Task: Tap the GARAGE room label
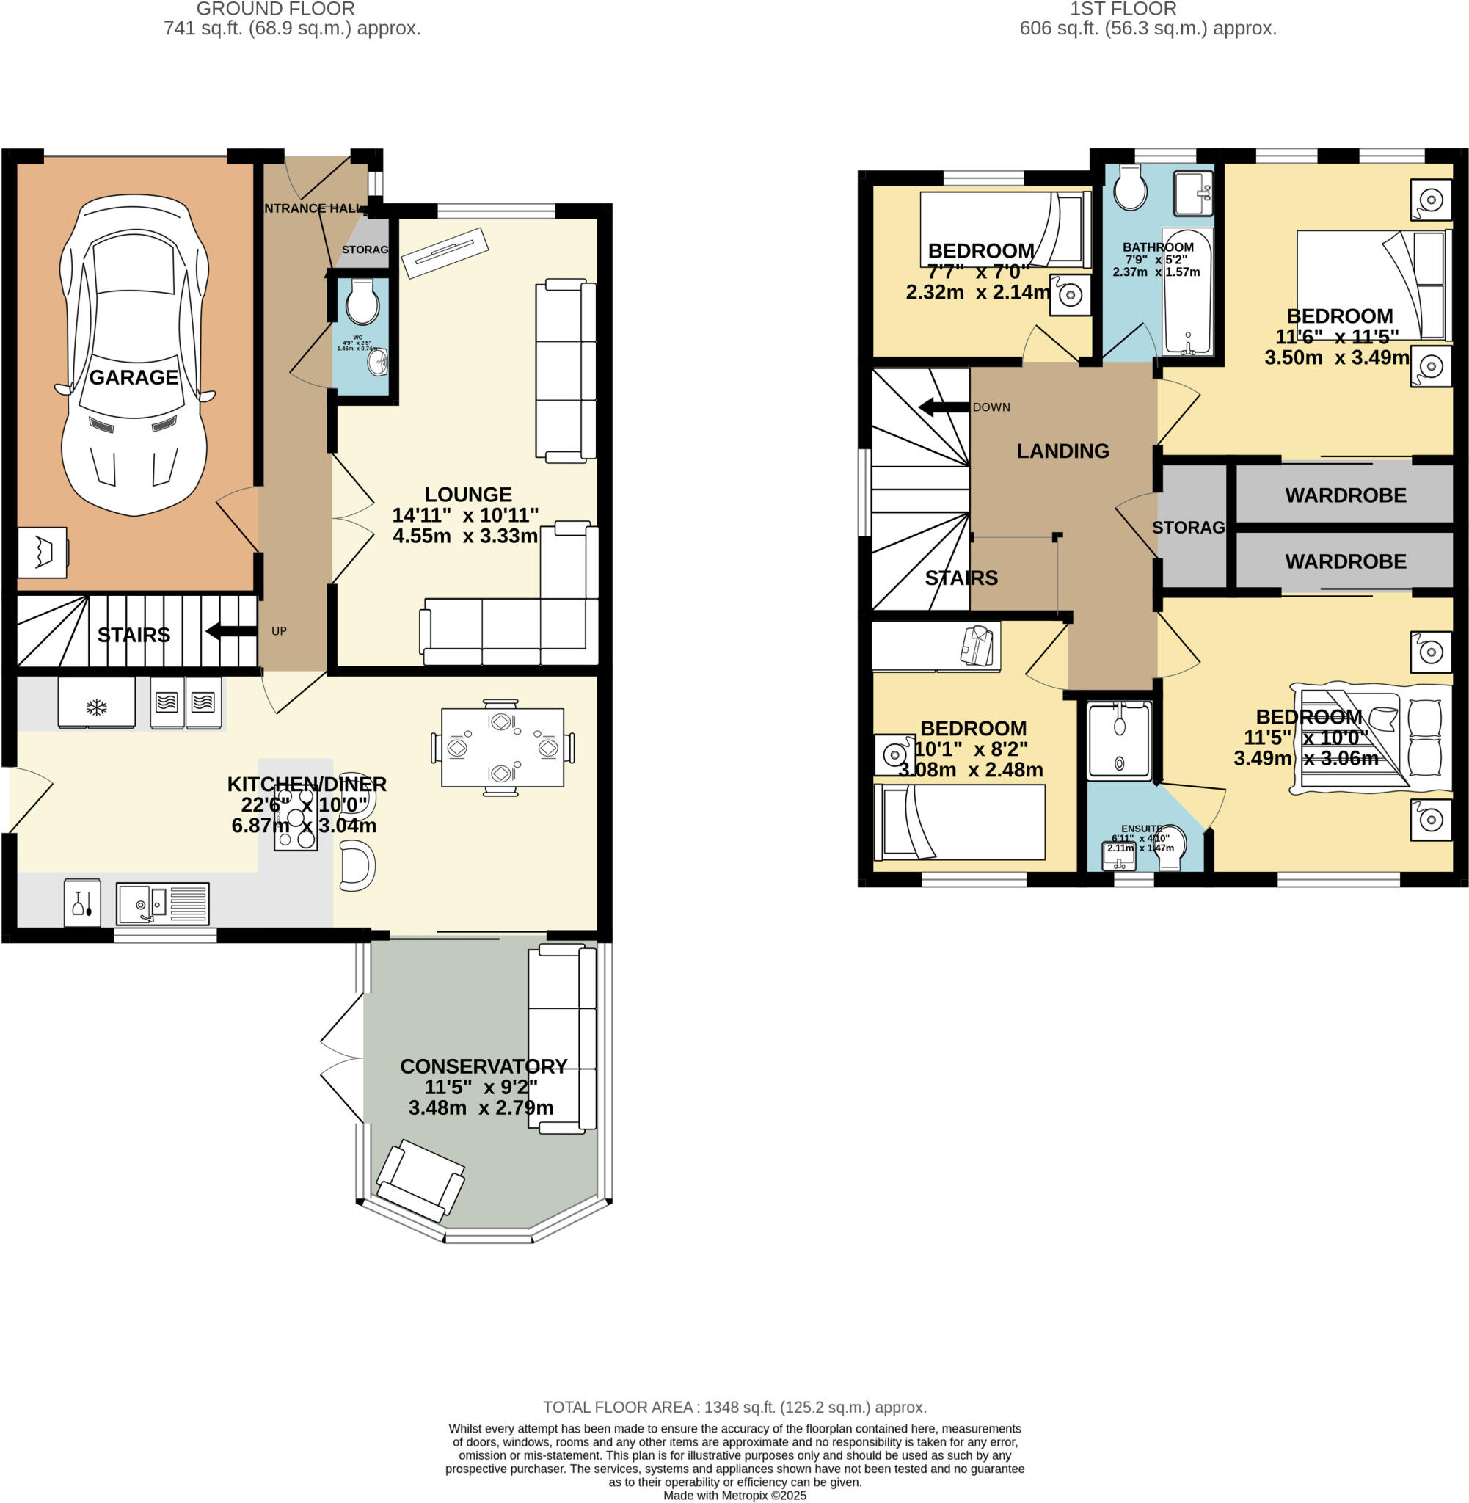(x=134, y=377)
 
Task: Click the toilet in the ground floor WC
(x=362, y=302)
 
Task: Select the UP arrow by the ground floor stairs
(x=230, y=631)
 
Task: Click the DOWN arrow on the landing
(x=943, y=407)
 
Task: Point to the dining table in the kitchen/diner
(x=503, y=747)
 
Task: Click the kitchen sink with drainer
(x=163, y=903)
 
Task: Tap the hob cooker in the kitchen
(x=296, y=820)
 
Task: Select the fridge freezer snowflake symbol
(x=95, y=706)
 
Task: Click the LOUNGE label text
(x=467, y=495)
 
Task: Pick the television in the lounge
(x=445, y=253)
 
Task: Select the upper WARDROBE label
(x=1345, y=495)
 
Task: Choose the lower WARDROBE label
(x=1345, y=561)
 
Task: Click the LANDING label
(x=1062, y=451)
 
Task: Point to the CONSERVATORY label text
(x=483, y=1066)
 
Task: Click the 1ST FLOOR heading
(x=1123, y=10)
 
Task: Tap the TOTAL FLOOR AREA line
(x=734, y=1408)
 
